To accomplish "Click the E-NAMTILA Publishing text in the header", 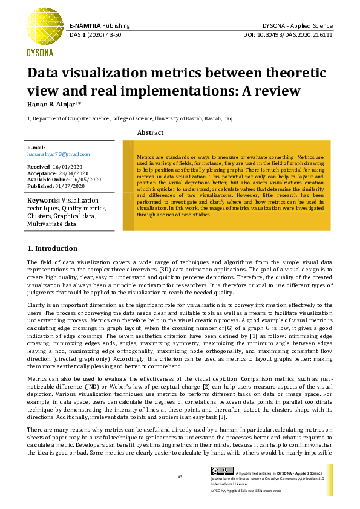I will (99, 26).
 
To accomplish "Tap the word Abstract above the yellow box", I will (150, 132).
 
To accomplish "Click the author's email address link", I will (58, 154).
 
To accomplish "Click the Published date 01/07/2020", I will (73, 186).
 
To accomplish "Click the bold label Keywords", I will (44, 200).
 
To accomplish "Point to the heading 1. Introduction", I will (53, 248).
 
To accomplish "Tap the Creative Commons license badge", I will (221, 472).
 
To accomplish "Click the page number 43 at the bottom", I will (180, 477).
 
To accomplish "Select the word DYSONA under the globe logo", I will (39, 53).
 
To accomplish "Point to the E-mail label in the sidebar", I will (36, 148).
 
